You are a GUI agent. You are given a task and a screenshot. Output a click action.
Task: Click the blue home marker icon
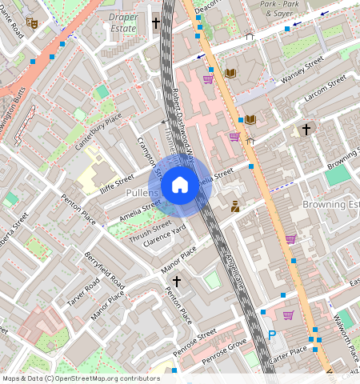coord(180,186)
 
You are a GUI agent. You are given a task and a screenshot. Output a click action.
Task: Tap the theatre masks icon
coord(32,22)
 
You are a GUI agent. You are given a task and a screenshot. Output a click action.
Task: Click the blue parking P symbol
coord(271,336)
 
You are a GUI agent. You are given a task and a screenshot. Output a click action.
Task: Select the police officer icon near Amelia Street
coord(235,207)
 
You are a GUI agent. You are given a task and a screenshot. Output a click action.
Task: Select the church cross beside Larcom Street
coord(305,129)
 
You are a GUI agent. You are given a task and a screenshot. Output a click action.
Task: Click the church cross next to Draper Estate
coord(156,22)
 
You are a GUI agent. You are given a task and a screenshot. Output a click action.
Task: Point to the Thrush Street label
coord(150,230)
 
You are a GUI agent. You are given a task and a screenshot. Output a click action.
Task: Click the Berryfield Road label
coord(105,271)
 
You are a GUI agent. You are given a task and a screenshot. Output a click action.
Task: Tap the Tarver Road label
coord(83,292)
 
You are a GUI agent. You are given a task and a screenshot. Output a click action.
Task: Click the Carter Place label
coord(287,350)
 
